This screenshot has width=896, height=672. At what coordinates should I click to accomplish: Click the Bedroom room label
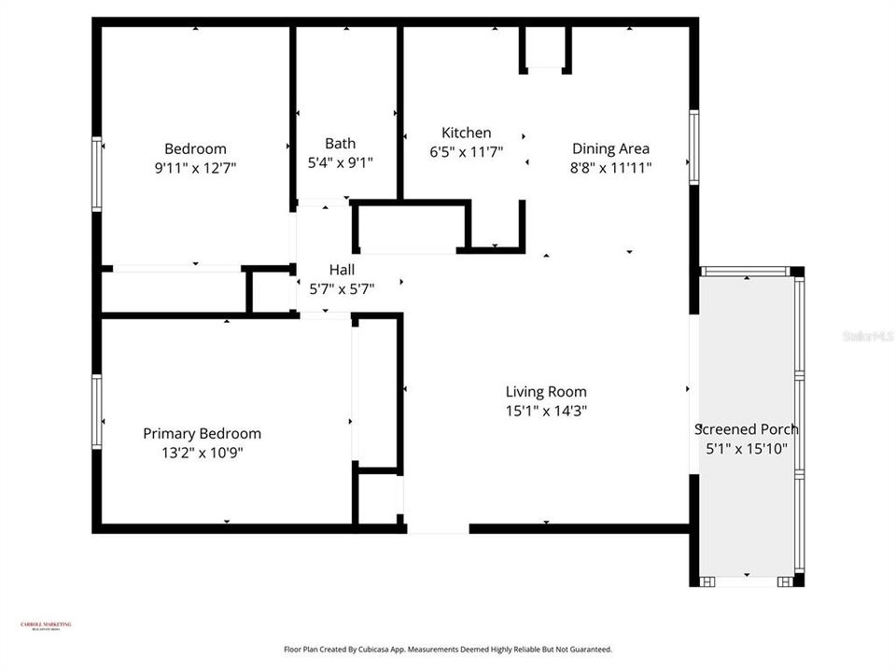pyautogui.click(x=195, y=148)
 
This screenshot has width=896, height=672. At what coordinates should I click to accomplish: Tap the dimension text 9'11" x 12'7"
pyautogui.click(x=195, y=168)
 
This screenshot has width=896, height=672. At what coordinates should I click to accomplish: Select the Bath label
pyautogui.click(x=340, y=143)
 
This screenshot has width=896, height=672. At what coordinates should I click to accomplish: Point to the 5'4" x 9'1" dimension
pyautogui.click(x=340, y=162)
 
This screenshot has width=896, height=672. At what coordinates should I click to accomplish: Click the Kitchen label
pyautogui.click(x=466, y=133)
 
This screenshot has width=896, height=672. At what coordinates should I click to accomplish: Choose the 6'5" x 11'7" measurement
pyautogui.click(x=466, y=152)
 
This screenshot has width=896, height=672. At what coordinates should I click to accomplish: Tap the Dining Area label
pyautogui.click(x=610, y=147)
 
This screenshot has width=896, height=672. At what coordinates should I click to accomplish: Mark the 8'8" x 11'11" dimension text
pyautogui.click(x=610, y=168)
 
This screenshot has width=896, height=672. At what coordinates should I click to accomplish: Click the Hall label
pyautogui.click(x=342, y=269)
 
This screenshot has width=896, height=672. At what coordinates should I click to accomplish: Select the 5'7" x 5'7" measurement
pyautogui.click(x=342, y=289)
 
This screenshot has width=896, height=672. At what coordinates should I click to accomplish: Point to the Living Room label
pyautogui.click(x=546, y=391)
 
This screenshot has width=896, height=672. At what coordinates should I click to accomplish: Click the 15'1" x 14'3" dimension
pyautogui.click(x=546, y=411)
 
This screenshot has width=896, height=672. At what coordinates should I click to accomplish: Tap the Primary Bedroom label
pyautogui.click(x=202, y=433)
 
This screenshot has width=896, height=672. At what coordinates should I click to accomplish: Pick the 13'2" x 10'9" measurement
pyautogui.click(x=202, y=454)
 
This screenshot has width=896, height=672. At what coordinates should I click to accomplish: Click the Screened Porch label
pyautogui.click(x=747, y=429)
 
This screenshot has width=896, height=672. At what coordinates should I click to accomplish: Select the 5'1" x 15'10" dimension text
pyautogui.click(x=747, y=449)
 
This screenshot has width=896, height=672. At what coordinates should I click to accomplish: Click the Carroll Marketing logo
pyautogui.click(x=46, y=626)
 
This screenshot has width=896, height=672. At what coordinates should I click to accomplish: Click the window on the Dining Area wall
pyautogui.click(x=693, y=146)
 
